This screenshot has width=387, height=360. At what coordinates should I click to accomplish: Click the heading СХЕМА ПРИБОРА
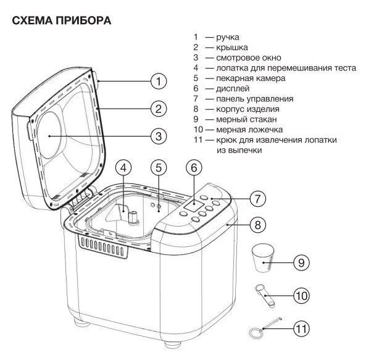61,21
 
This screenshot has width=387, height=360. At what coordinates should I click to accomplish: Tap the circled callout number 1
159,81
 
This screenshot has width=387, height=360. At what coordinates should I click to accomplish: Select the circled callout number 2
159,109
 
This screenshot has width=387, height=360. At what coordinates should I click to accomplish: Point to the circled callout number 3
159,136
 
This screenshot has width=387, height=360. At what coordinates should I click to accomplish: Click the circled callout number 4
124,167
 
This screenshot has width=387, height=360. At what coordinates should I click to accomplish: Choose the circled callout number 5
159,167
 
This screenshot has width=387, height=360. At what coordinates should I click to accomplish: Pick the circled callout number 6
194,167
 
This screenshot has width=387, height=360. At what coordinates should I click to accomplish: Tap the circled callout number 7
257,199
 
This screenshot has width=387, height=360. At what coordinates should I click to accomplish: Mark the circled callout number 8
257,225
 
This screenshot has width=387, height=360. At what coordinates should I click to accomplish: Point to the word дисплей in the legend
232,89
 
